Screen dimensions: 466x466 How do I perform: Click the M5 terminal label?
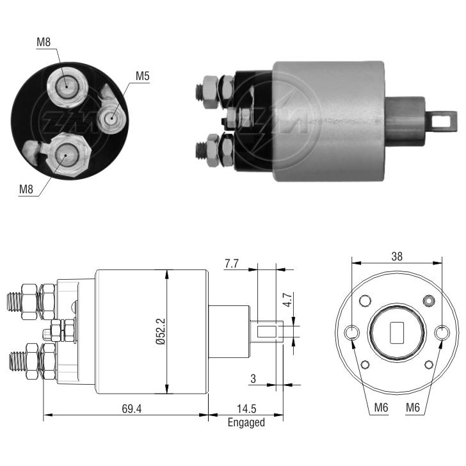142,76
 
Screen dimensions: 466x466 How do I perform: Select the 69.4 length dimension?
132,409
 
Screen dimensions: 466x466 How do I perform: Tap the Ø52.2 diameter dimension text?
161,332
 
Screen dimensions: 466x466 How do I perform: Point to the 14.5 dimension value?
246,409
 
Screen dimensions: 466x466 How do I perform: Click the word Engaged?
246,422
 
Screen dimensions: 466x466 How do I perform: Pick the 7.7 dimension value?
232,264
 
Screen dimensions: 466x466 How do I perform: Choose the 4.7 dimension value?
287,300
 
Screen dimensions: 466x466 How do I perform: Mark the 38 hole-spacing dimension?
397,256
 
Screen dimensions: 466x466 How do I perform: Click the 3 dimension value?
253,379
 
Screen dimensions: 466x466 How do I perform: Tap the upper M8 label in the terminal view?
44,42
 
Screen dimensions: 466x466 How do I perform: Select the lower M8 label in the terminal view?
26,189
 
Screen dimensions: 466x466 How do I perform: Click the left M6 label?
381,407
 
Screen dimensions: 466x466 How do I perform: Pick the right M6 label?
413,407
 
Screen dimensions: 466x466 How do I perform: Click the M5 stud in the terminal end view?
112,118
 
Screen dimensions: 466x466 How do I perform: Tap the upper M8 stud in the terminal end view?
67,87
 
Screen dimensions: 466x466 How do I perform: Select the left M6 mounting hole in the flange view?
351,333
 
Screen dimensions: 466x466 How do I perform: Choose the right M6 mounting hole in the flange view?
442,333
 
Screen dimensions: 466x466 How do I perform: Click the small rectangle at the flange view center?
397,333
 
